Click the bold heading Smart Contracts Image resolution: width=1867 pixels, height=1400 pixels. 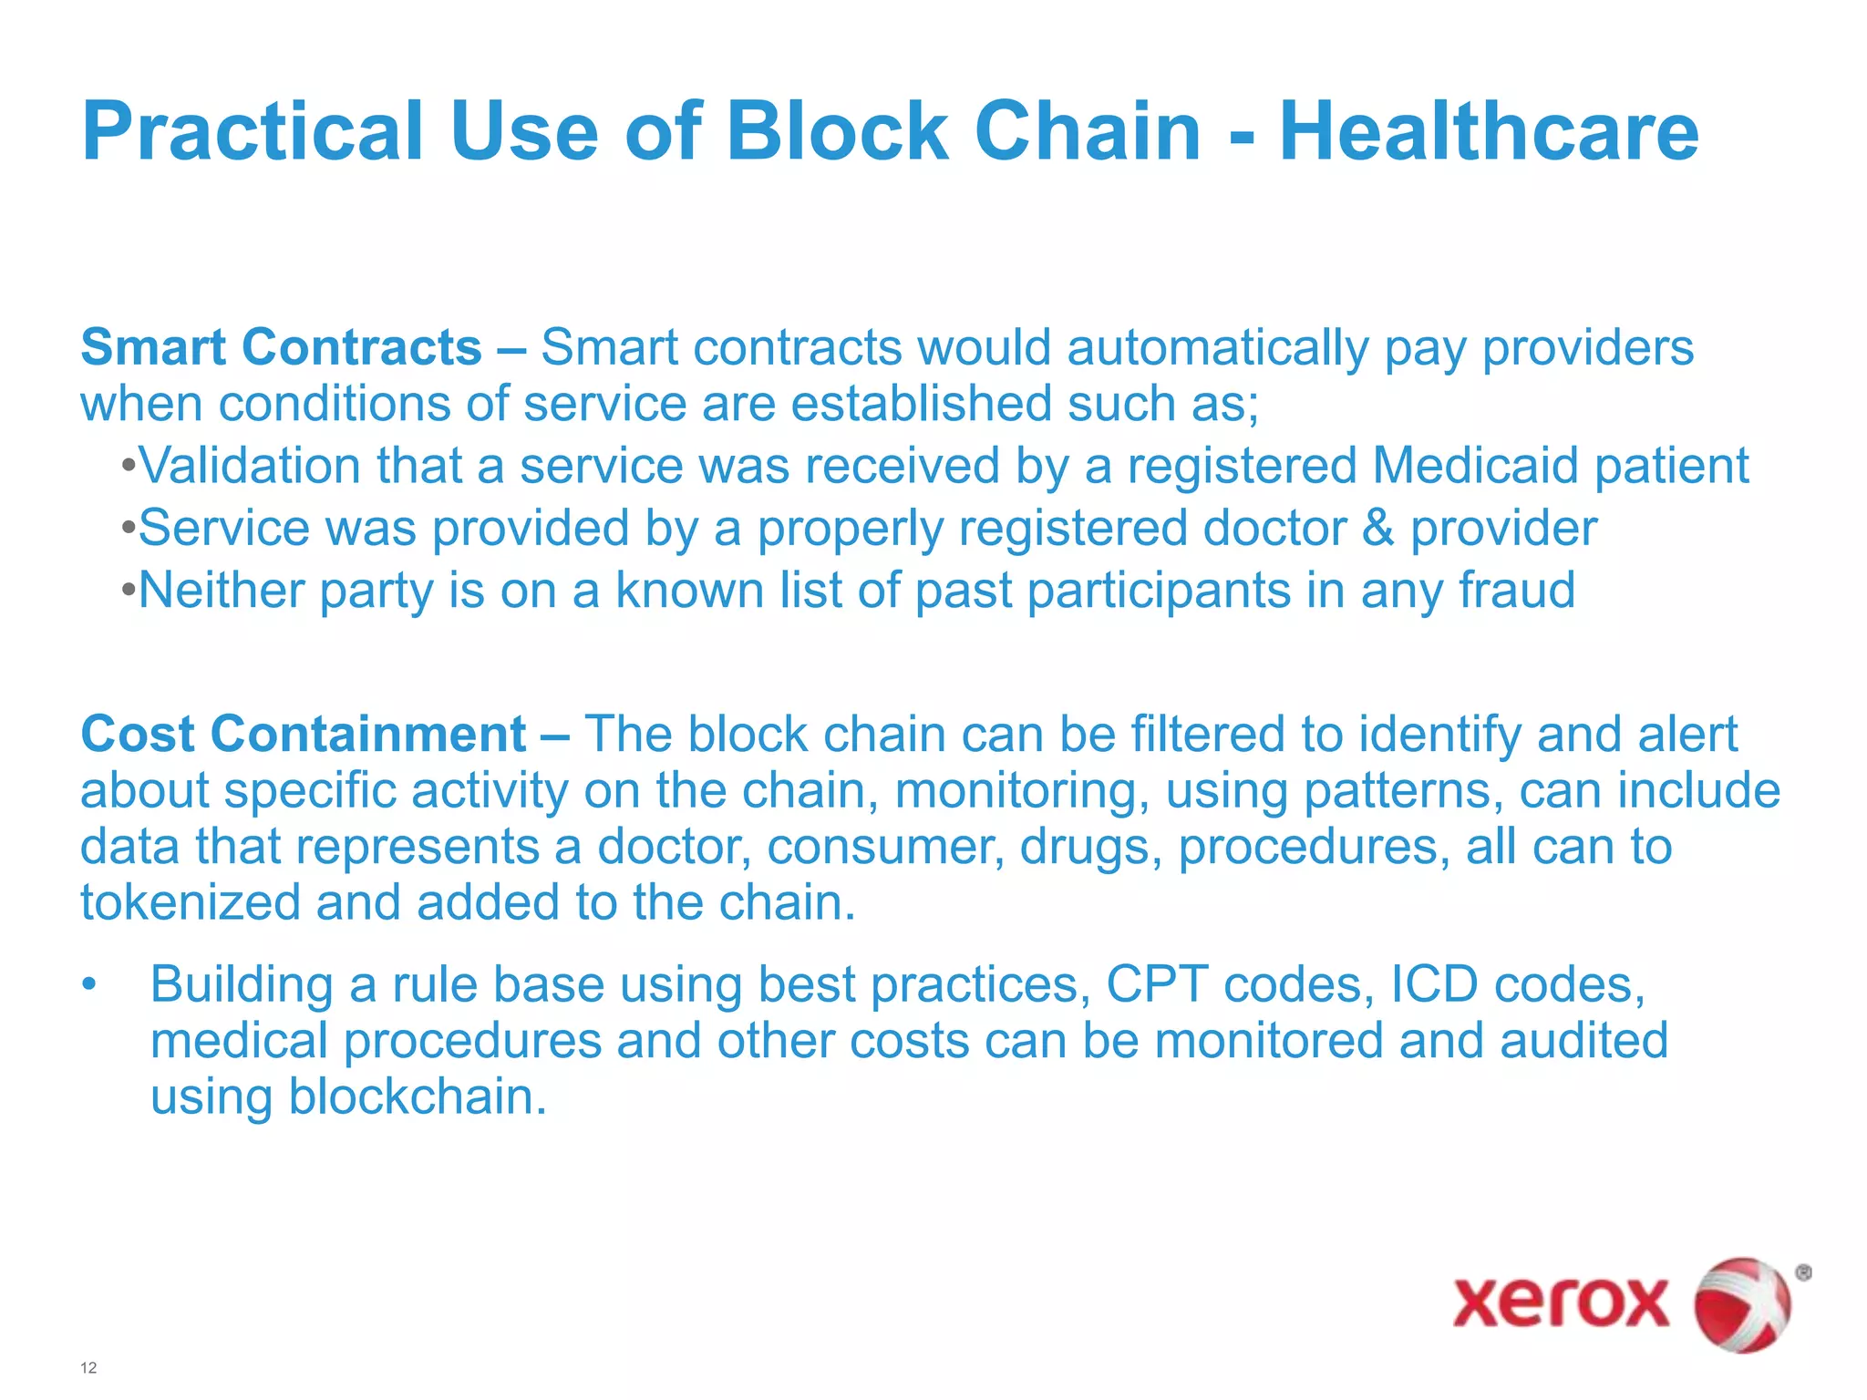281,347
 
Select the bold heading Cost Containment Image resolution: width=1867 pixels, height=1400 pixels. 303,734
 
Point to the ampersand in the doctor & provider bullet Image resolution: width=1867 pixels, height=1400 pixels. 1377,529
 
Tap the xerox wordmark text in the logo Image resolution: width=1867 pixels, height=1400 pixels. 1561,1302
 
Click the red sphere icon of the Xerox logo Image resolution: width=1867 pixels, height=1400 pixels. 1741,1304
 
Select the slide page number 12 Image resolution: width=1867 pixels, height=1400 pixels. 88,1367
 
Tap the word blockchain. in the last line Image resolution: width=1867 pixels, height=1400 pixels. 417,1096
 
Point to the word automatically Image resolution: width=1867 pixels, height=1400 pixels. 1217,349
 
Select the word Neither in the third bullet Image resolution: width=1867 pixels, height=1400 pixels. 221,590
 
